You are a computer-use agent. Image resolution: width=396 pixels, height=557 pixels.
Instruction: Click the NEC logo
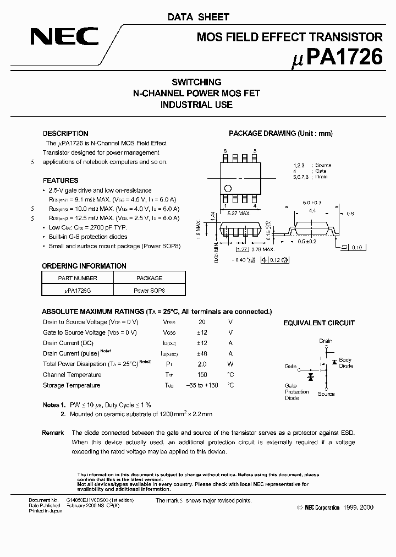[x=64, y=37]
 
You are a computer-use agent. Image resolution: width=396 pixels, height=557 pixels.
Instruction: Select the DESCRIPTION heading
[x=65, y=134]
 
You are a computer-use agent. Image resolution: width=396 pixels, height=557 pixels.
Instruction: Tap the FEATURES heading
[x=61, y=181]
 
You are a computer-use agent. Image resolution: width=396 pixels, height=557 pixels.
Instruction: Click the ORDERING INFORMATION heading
[x=84, y=266]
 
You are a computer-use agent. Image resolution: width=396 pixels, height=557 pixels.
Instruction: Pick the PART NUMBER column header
[x=78, y=278]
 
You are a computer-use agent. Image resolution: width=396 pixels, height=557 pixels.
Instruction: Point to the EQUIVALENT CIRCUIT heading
[x=319, y=323]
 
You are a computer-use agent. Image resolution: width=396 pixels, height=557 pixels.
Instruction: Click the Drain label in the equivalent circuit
[x=326, y=341]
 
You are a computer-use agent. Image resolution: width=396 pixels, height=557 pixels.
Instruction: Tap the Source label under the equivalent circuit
[x=326, y=394]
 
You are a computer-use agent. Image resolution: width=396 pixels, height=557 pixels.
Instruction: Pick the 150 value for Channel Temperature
[x=202, y=375]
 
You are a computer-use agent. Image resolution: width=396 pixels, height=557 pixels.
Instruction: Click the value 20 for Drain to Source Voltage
[x=202, y=322]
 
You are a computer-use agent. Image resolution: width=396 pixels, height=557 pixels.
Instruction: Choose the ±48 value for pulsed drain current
[x=202, y=353]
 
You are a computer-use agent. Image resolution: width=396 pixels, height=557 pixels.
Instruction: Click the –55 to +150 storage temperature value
[x=202, y=385]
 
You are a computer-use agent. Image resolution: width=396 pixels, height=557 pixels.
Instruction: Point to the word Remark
[x=53, y=433]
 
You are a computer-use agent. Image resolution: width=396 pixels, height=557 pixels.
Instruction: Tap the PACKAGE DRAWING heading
[x=280, y=134]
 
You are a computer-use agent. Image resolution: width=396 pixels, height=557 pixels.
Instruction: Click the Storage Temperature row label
[x=71, y=385]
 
